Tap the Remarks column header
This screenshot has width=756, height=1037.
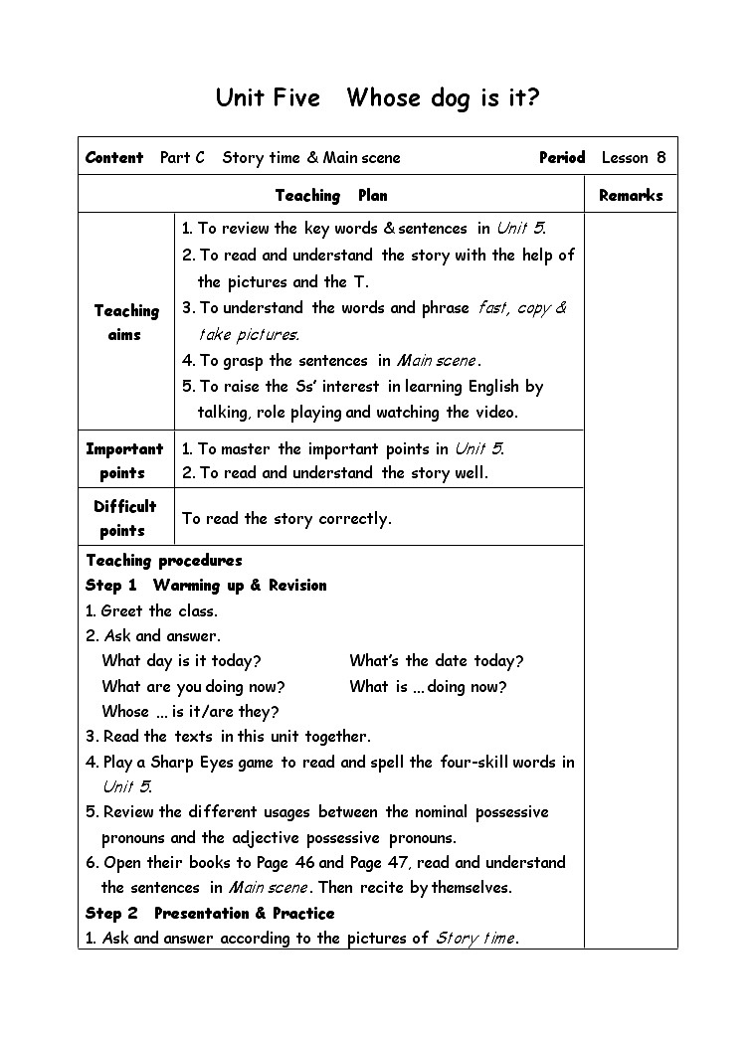[x=631, y=195]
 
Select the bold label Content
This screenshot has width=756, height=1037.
[x=114, y=157]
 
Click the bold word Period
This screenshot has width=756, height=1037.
[x=562, y=157]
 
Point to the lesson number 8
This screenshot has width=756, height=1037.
[x=661, y=157]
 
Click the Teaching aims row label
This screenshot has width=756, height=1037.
[x=126, y=322]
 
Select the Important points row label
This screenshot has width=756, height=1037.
[x=124, y=460]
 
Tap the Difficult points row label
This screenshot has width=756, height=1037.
[x=124, y=518]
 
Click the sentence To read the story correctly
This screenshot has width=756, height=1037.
[x=286, y=518]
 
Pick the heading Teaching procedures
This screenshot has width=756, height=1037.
[x=164, y=560]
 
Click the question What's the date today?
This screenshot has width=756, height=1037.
[x=436, y=660]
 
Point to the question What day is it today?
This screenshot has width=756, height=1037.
[x=181, y=660]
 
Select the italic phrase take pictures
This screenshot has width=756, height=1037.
[x=249, y=334]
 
